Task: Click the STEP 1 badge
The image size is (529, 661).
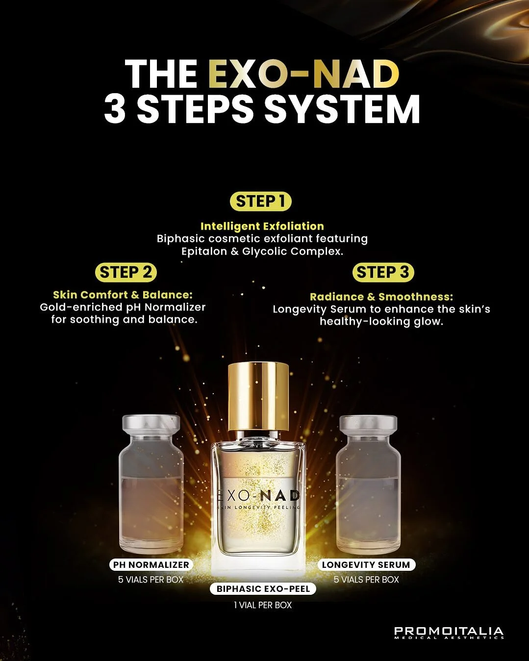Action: coord(260,202)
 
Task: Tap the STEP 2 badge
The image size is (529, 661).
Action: coord(126,272)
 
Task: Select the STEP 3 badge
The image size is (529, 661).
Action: coord(383,272)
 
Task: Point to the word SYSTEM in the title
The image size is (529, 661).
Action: coord(342,109)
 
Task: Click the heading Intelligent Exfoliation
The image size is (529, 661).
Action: coord(262,226)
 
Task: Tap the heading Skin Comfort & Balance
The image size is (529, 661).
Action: coord(123,295)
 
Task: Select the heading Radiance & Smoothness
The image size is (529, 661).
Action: coord(381,297)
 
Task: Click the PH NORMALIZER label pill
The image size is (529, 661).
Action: coord(151,565)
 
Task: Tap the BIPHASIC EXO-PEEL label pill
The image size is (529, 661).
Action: coord(263,589)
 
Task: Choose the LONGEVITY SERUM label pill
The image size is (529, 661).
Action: coord(366,565)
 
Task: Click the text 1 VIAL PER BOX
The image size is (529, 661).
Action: coord(263,605)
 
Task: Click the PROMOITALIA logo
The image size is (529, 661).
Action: coord(449,632)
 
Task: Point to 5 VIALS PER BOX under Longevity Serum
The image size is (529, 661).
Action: coord(366,580)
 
